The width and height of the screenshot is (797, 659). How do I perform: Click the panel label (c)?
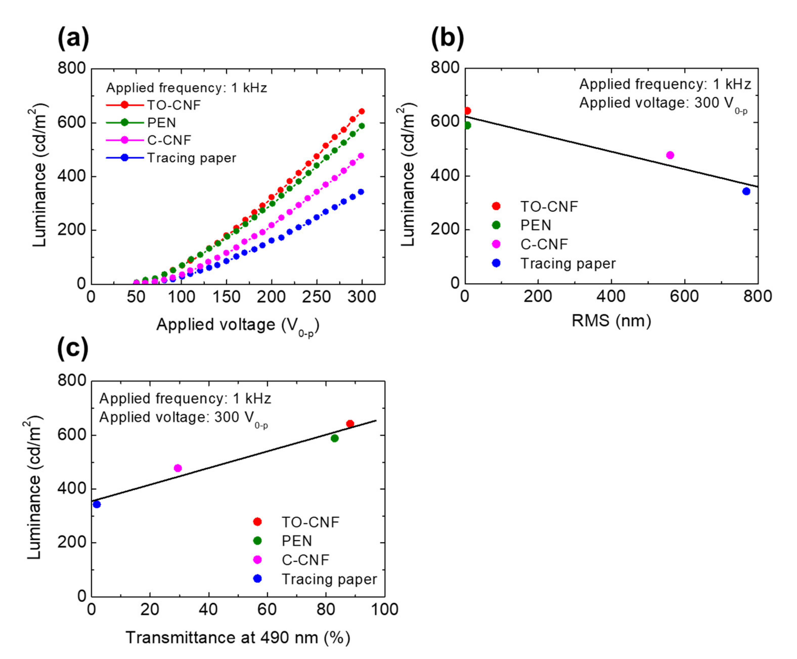tap(73, 348)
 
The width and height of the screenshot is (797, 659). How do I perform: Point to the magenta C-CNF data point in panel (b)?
tap(670, 155)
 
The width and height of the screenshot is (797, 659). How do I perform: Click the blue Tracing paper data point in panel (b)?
tap(746, 192)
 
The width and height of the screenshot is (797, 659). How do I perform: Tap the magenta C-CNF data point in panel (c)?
tap(178, 468)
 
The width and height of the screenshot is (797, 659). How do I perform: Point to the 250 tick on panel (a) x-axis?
tap(316, 297)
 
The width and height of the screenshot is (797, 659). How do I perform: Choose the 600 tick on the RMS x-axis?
tap(684, 296)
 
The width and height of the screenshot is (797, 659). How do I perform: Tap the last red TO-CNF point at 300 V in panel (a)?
tap(361, 111)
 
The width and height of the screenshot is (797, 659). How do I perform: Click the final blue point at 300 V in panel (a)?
tap(361, 192)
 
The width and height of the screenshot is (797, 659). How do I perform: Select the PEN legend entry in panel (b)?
tap(535, 225)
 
